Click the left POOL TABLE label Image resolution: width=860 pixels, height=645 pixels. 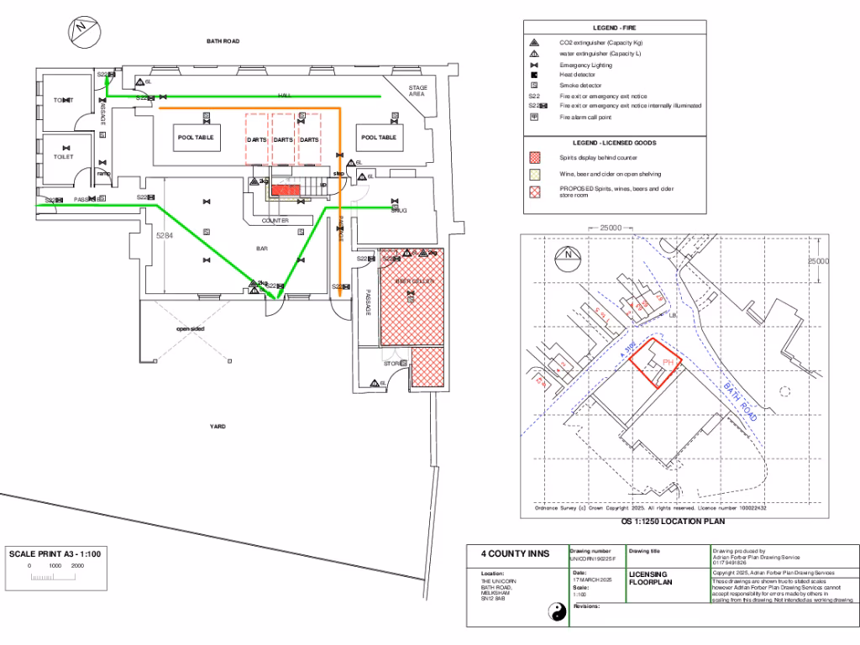tap(196, 138)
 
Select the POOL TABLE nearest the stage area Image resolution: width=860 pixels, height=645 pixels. tap(378, 138)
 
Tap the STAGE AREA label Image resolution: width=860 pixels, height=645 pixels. tap(417, 92)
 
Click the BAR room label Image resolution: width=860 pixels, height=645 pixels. tap(261, 249)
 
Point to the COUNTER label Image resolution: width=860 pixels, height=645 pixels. tap(275, 220)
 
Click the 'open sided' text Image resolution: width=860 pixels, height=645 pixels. tap(190, 328)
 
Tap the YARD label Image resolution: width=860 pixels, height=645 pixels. tap(218, 427)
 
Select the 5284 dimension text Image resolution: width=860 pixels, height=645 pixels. tap(165, 237)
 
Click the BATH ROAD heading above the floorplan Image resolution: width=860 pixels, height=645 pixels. tap(223, 41)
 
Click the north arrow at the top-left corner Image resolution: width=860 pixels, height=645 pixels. tap(81, 29)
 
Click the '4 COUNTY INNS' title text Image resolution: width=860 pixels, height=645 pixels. tap(515, 554)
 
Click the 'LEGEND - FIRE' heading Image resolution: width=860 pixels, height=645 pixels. tap(615, 29)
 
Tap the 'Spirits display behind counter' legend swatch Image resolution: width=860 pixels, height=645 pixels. tap(534, 158)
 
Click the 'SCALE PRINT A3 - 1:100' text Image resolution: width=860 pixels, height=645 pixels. tap(55, 553)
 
